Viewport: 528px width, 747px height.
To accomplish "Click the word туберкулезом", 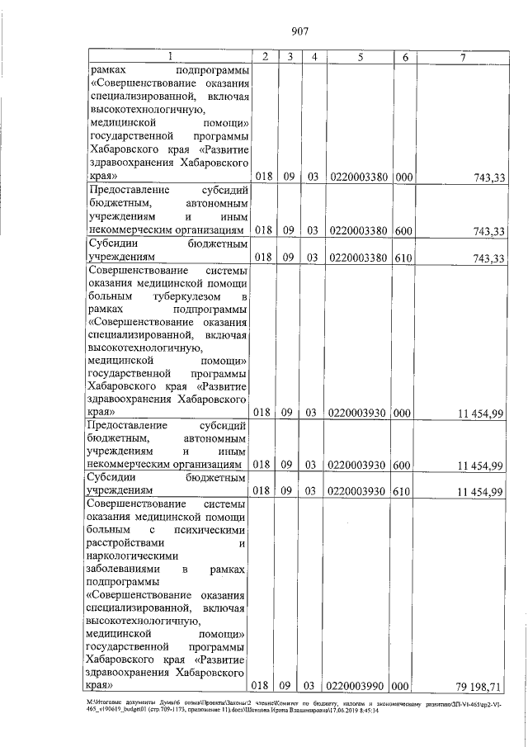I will (x=183, y=295).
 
